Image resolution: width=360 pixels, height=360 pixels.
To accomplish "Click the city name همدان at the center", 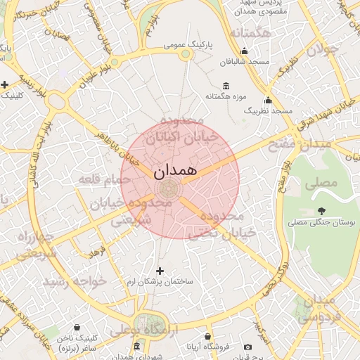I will (174, 170).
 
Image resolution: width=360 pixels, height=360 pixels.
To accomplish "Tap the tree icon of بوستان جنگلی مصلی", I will (322, 211).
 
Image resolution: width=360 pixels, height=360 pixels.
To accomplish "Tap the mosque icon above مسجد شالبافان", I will (244, 51).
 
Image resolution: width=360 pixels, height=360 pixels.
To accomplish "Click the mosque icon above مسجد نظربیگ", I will (267, 100).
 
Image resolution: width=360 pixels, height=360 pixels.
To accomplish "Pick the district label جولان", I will (326, 51).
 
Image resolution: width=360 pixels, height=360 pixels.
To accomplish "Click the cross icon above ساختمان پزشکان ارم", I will (160, 271).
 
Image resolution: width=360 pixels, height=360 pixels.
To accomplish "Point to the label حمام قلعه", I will (96, 181).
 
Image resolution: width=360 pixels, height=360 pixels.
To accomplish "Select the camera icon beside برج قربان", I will (247, 347).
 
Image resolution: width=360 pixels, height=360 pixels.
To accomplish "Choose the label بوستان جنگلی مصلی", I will (322, 222).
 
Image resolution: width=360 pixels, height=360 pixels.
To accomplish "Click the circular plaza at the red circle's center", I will (169, 189).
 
